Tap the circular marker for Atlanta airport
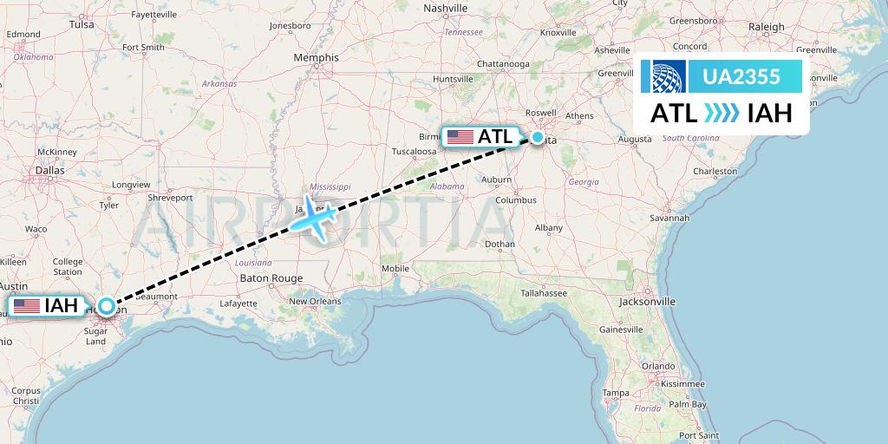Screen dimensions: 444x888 coord(539,137)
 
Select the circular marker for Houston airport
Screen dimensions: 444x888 coord(106,306)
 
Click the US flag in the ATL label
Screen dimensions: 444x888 coord(460,137)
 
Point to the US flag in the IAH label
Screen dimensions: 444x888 coord(27,306)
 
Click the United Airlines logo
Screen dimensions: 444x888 coord(663,77)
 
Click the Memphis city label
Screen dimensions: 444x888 coord(316,58)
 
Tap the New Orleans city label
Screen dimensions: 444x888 coord(315,302)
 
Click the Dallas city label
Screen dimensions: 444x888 coord(50,171)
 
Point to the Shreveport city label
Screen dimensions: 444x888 coord(169,198)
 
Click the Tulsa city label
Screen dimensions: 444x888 coord(82,25)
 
